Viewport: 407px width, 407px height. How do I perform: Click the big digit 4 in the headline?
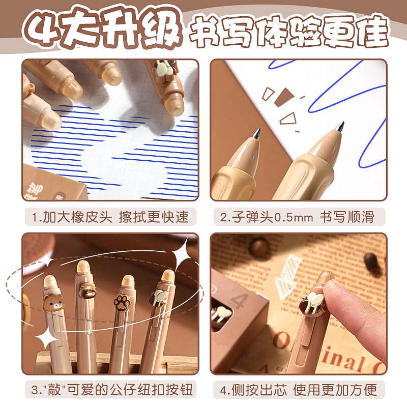44,31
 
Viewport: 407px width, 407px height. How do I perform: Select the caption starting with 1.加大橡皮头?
110,217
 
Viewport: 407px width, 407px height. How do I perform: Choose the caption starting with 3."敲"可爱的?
110,390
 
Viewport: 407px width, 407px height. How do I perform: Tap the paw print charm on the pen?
121,301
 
